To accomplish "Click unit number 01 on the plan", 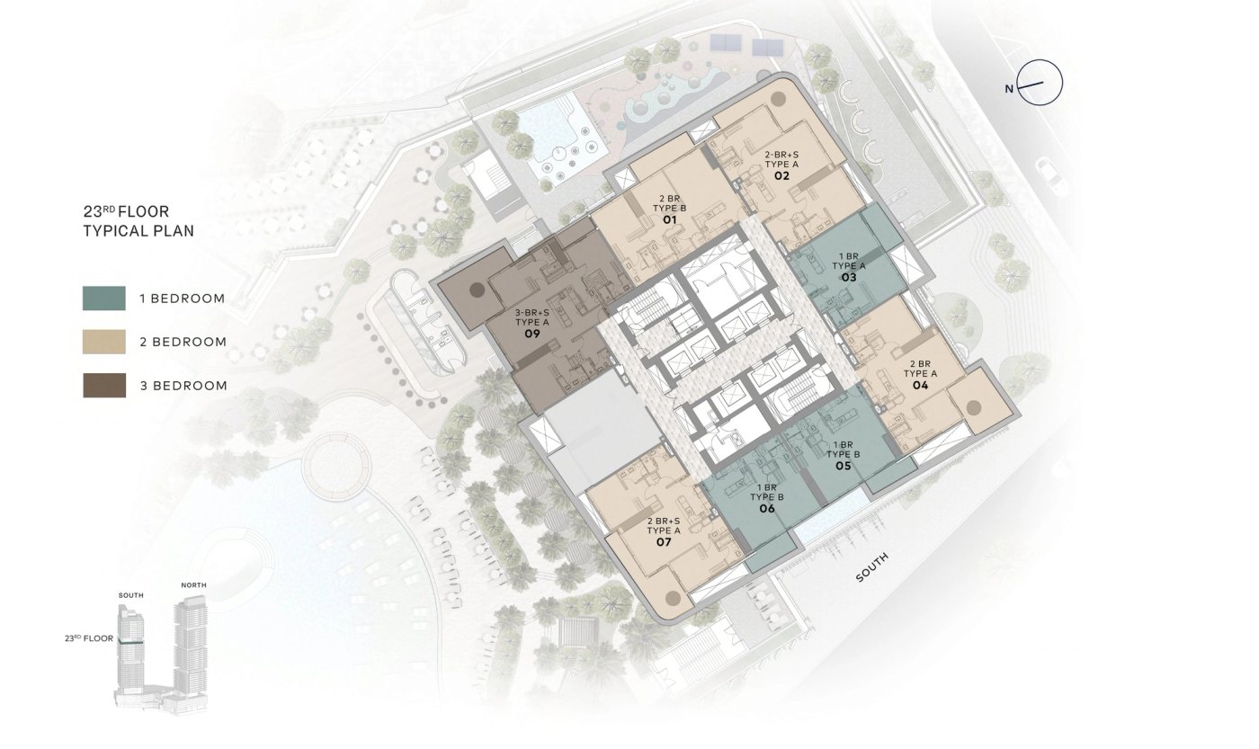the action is coord(669,219).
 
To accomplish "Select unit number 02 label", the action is coord(781,176).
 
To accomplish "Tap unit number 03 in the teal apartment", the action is coord(849,278).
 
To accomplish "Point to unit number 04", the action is coord(920,386).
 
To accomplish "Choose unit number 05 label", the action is coord(844,466).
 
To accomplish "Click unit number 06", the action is coord(767,509).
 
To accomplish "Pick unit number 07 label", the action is coord(664,542).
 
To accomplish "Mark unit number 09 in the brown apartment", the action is coord(532,334).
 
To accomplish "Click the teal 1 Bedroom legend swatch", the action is coord(104,298).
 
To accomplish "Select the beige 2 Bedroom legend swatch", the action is coord(104,342).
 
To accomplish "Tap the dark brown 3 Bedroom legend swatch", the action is coord(104,386).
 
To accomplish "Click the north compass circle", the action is coord(1040,83).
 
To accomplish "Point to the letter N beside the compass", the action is coord(1009,89).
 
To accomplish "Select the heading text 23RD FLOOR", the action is coord(126,211).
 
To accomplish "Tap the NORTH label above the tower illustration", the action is coord(193,585).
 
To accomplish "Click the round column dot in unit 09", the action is coord(477,290).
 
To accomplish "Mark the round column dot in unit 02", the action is coord(779,100).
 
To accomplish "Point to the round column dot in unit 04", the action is coord(973,406).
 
